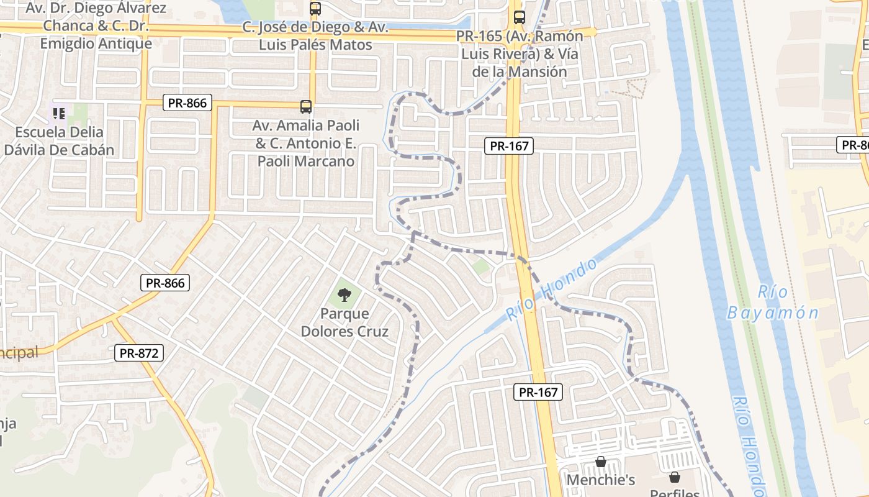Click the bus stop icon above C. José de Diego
315,9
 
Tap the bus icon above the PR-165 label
519,17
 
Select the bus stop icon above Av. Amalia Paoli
306,106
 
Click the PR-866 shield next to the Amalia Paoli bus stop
187,103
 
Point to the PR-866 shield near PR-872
165,283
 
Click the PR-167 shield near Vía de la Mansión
509,146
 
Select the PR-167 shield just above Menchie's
538,392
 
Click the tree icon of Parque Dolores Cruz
344,294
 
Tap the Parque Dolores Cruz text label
344,322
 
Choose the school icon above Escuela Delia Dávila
59,113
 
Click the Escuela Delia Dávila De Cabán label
59,141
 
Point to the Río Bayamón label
773,303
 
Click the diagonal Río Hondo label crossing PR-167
551,290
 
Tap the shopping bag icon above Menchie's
600,462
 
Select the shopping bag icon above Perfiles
675,477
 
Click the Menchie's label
601,480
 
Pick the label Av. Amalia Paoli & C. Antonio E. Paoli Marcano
306,144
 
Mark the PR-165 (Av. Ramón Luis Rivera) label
520,53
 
